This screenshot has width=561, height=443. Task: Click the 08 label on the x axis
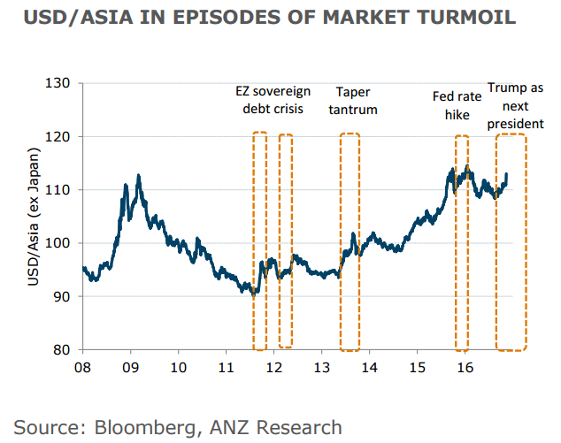point(82,367)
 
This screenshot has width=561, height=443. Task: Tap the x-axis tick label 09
point(130,367)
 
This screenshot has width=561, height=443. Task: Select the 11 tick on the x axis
point(226,367)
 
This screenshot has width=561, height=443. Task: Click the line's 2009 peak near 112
point(138,175)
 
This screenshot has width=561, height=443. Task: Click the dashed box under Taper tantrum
point(350,241)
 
